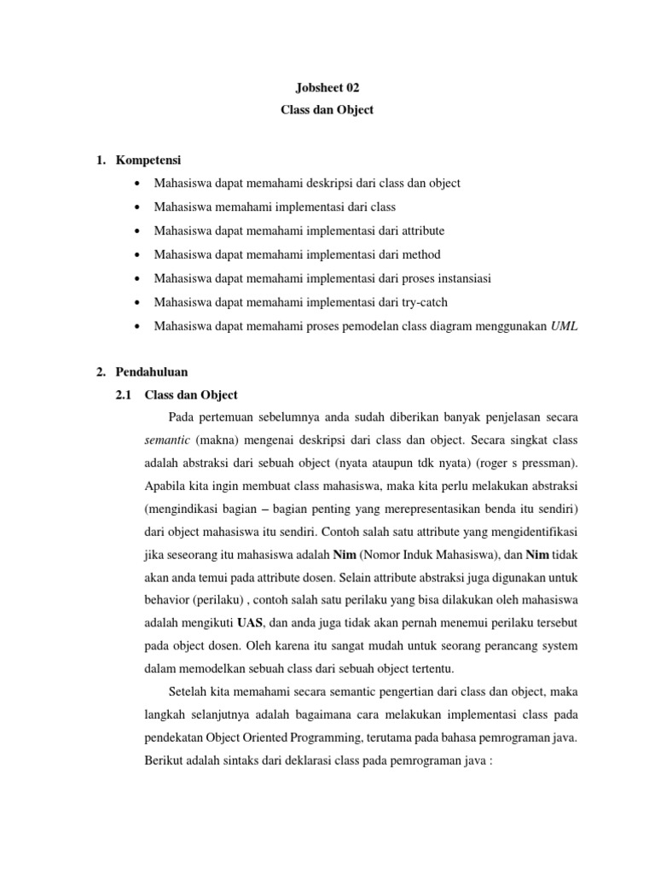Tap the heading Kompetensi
click(x=151, y=160)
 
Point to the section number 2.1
click(x=123, y=395)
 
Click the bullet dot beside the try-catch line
click(x=138, y=303)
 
